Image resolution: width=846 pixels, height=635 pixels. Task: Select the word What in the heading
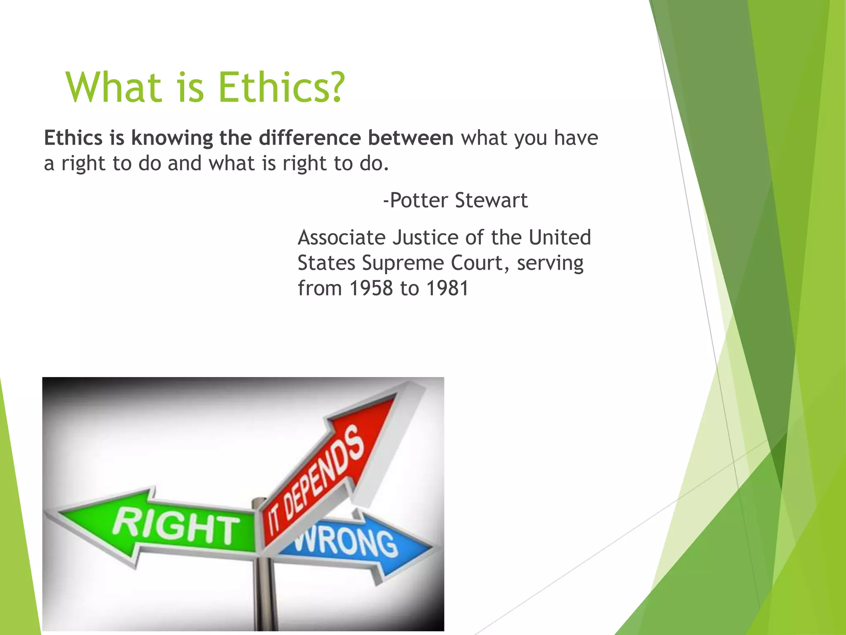pos(114,88)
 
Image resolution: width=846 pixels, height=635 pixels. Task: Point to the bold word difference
pos(310,138)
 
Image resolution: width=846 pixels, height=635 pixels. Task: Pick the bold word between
pos(411,138)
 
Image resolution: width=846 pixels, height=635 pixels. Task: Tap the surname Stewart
pos(491,201)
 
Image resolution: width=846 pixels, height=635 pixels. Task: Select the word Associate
pos(342,238)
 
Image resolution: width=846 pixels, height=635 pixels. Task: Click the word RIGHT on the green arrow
pos(176,527)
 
